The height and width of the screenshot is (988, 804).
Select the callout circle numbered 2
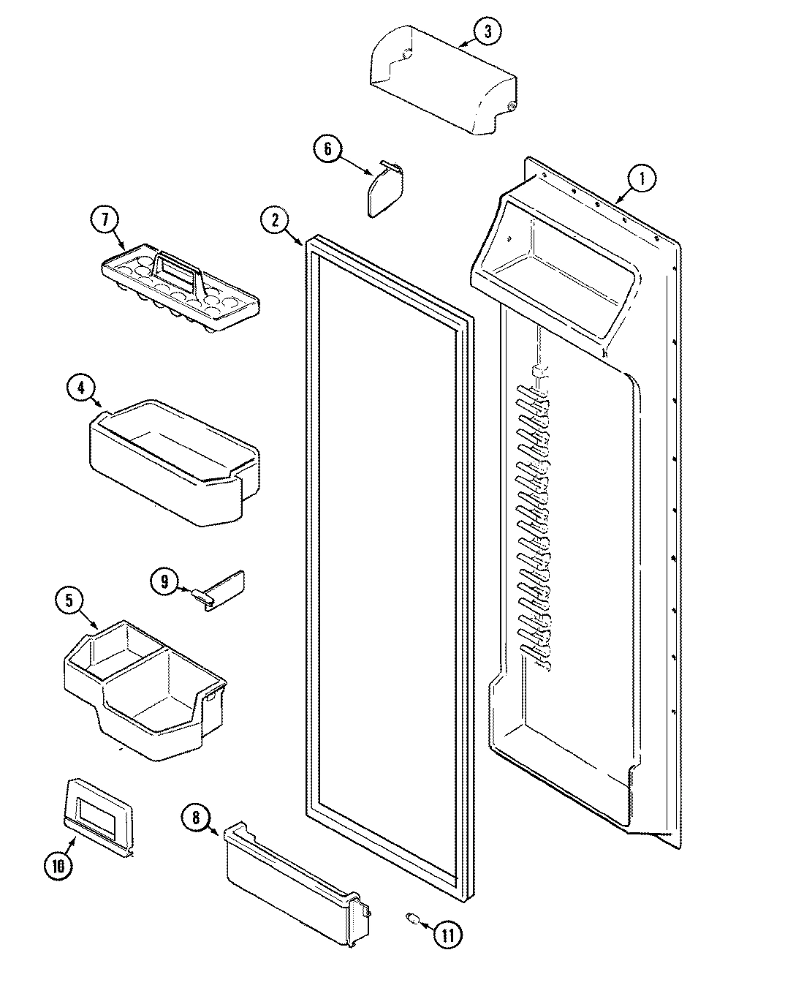[275, 222]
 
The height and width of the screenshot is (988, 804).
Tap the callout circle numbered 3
[488, 31]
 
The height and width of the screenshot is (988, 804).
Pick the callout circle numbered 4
[80, 388]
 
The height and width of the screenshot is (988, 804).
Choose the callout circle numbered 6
[327, 149]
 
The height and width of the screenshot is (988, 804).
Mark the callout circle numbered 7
[105, 219]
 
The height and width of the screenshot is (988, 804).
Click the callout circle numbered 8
[196, 818]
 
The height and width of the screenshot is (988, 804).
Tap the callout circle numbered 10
[58, 866]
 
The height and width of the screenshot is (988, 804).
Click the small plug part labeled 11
[412, 919]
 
